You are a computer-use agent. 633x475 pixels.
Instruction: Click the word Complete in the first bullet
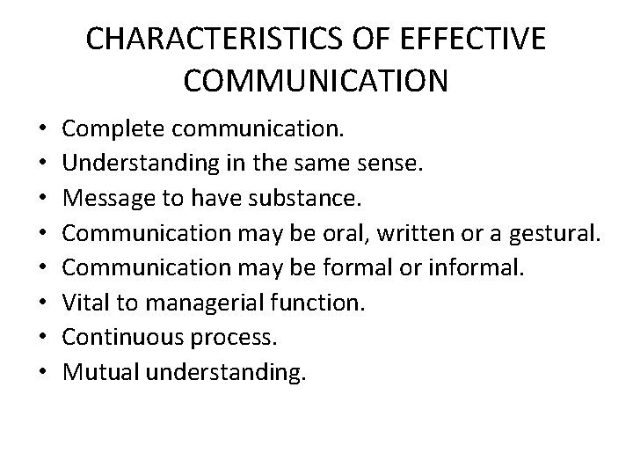click(113, 131)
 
